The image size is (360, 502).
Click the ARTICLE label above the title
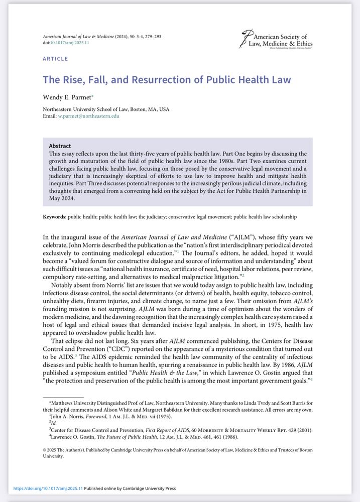click(55, 59)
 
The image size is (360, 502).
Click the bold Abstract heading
click(60, 146)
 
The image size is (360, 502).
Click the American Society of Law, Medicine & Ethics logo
click(276, 40)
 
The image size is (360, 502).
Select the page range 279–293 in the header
click(151, 37)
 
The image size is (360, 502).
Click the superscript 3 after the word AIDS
click(75, 354)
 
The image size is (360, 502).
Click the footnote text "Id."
click(51, 423)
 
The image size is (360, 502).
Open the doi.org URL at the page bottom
click(47, 488)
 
